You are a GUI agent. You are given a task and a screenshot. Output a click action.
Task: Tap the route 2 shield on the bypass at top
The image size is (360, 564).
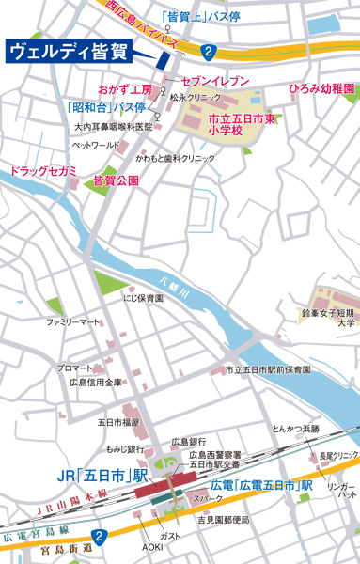[x=208, y=50]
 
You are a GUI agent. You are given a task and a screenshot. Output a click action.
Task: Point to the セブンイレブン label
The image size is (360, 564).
[x=215, y=81]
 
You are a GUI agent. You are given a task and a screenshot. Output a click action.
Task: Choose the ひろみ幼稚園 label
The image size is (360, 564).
[x=321, y=88]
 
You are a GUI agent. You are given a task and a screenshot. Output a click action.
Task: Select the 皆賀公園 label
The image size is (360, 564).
[x=117, y=179]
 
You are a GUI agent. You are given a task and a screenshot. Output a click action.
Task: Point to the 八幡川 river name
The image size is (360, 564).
[x=175, y=280]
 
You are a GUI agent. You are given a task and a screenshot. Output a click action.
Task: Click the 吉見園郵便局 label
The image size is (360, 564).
[x=224, y=520]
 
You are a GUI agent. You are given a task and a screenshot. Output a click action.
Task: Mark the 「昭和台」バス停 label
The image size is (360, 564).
[x=105, y=107]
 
